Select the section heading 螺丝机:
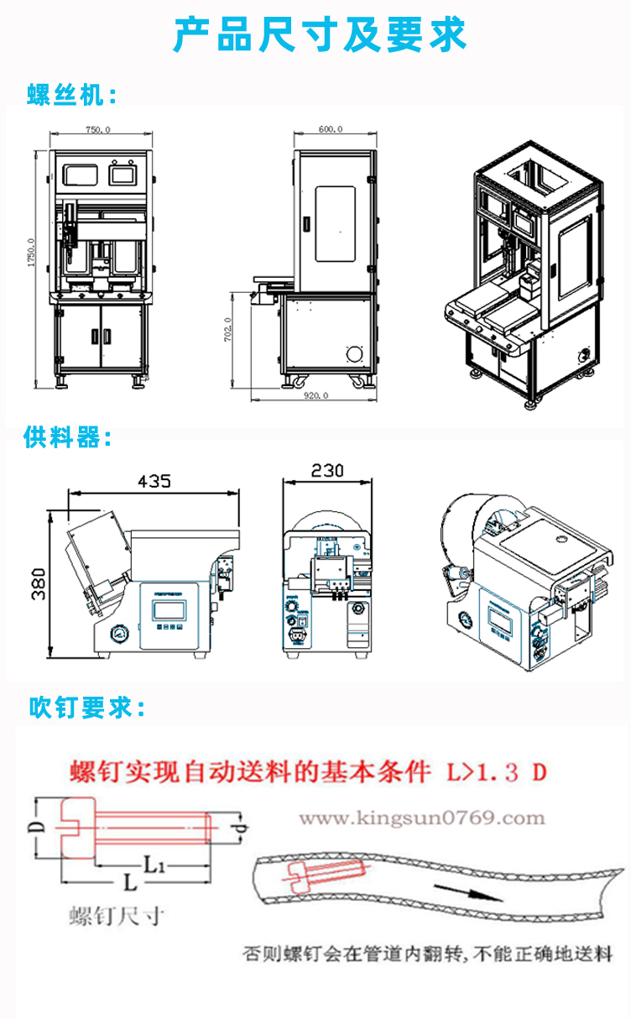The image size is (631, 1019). pyautogui.click(x=72, y=95)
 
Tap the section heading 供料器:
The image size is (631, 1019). pyautogui.click(x=68, y=436)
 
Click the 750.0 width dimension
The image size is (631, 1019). pyautogui.click(x=98, y=129)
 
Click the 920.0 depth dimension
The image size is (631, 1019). pyautogui.click(x=316, y=395)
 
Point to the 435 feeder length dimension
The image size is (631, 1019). pyautogui.click(x=154, y=481)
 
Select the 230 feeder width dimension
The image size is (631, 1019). pyautogui.click(x=326, y=471)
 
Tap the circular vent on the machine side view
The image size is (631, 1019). pyautogui.click(x=356, y=353)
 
